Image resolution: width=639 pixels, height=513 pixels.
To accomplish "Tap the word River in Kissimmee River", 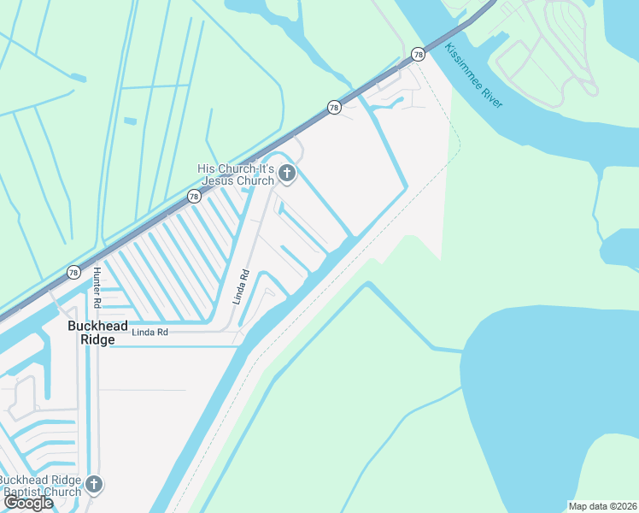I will coord(495,97).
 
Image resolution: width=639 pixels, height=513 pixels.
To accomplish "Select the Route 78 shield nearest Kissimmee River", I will coord(418,54).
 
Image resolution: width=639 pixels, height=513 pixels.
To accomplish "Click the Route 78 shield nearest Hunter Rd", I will coord(73,273).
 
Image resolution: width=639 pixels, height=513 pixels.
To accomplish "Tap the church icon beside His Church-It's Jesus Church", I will coord(287,175).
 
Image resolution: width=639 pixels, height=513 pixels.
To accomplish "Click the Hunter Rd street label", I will coord(97,288).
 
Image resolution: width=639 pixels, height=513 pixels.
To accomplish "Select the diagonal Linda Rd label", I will coord(241,287).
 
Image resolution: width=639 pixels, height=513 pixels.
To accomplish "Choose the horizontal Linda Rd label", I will coord(149,332).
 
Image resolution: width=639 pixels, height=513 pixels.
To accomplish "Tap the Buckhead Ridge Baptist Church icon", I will coord(94,485).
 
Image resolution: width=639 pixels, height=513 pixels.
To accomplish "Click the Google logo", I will coord(29,503).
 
